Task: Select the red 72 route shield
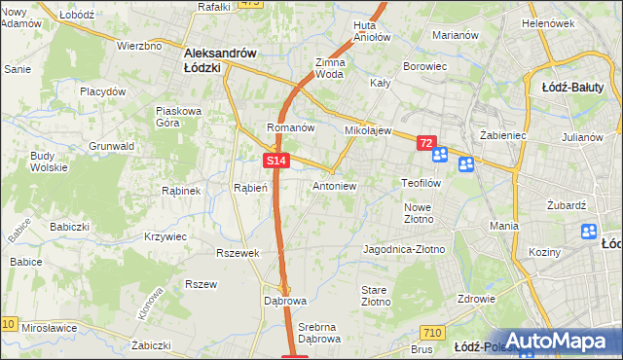426,143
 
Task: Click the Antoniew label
334,185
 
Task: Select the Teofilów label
422,183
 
